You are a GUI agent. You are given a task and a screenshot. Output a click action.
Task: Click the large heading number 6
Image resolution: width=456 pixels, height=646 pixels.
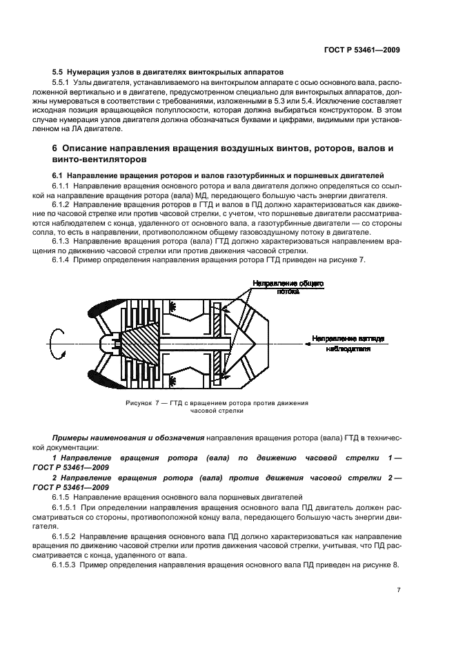point(55,148)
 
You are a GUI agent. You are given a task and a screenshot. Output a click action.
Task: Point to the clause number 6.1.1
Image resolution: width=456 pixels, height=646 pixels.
point(63,188)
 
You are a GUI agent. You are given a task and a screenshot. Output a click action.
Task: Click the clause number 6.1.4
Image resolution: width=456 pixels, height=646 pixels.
point(63,260)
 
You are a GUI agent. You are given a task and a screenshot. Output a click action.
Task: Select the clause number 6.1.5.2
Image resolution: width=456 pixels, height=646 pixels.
point(66,536)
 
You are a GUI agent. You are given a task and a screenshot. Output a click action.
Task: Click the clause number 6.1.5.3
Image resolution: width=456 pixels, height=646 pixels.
point(66,565)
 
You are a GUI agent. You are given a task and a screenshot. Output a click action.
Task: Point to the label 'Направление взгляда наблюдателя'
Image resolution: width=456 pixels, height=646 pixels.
point(353,344)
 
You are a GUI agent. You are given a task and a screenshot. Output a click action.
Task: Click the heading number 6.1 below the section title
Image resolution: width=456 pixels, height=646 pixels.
point(58,176)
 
